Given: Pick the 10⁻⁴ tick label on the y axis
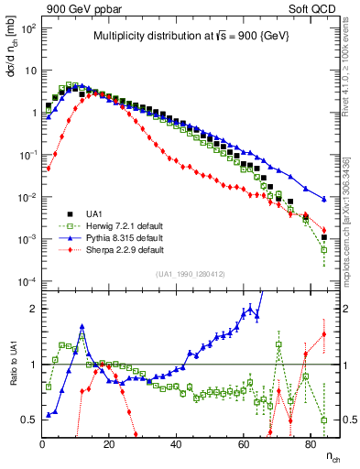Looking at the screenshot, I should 27,281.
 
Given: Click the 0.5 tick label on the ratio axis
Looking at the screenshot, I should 28,420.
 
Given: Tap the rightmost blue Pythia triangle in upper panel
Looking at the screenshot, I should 323,199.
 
